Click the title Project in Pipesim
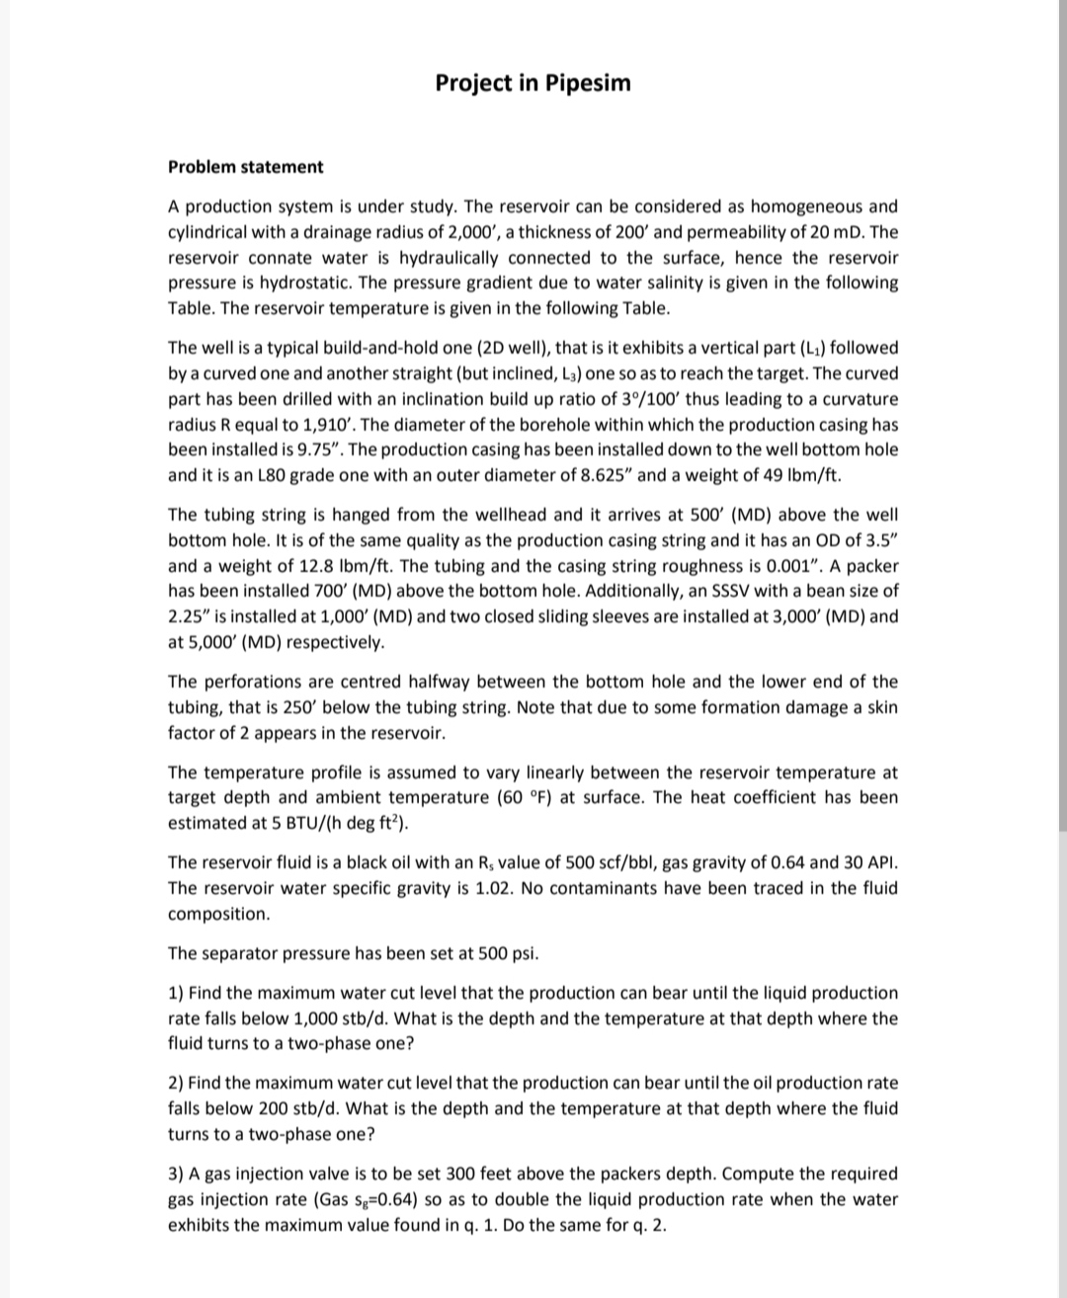click(x=533, y=83)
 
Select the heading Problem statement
click(x=245, y=167)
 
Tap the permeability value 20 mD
click(x=839, y=232)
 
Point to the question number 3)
click(x=176, y=1175)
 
